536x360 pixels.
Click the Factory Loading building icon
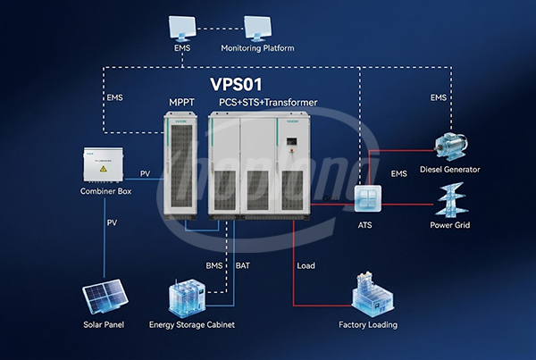click(x=369, y=292)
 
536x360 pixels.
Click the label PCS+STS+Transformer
click(x=268, y=103)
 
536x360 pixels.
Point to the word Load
click(x=306, y=265)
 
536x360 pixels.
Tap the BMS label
click(x=215, y=265)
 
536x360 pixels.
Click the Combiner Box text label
click(x=105, y=192)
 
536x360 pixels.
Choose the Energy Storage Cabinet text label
click(x=192, y=324)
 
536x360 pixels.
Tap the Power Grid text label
click(x=449, y=225)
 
